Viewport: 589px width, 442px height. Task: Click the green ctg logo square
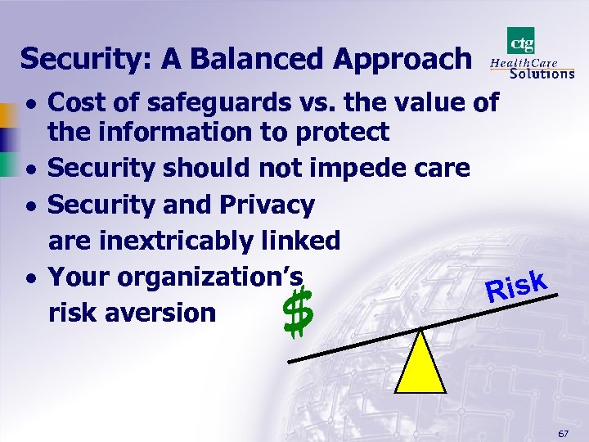tap(521, 41)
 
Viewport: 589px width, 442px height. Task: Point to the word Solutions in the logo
tap(542, 73)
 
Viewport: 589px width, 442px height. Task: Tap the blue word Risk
tap(515, 286)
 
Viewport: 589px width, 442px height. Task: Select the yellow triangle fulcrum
tap(420, 361)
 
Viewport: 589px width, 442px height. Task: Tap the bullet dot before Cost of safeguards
tap(29, 104)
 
